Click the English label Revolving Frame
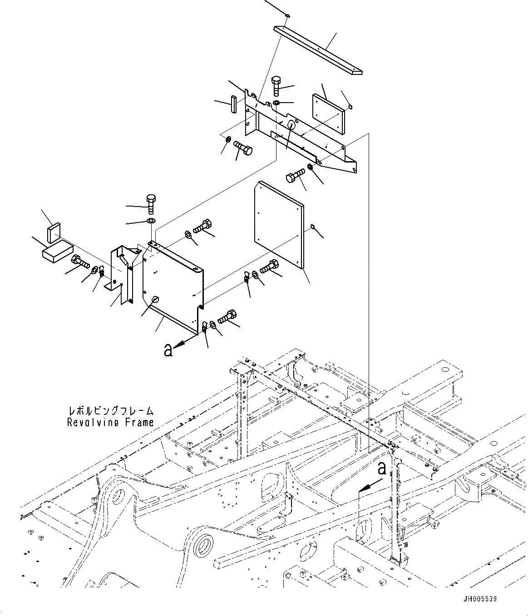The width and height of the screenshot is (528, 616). [x=110, y=423]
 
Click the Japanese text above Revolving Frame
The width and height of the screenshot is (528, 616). [x=110, y=411]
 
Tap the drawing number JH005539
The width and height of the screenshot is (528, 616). [x=480, y=599]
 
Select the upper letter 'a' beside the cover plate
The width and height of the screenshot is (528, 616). [x=168, y=350]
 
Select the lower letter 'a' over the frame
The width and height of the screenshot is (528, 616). [x=382, y=468]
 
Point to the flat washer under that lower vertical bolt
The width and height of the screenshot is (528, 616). [x=151, y=221]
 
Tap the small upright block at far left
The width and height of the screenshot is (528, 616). [x=54, y=233]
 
